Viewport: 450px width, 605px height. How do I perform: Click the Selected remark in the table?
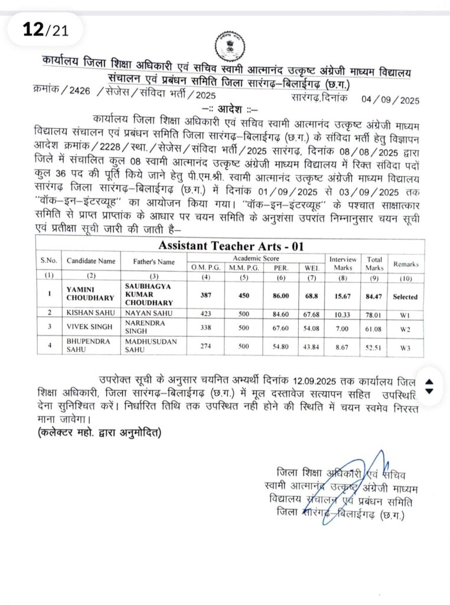point(405,297)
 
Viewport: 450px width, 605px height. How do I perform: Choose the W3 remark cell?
point(405,348)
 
